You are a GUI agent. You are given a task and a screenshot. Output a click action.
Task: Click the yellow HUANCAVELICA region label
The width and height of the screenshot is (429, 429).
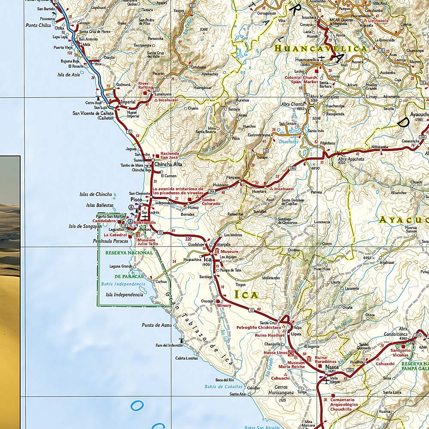[x=320, y=48]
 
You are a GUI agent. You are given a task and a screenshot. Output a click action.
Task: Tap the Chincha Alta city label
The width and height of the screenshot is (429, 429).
[x=168, y=164]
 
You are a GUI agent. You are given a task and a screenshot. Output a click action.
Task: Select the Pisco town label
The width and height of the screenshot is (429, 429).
[x=136, y=200]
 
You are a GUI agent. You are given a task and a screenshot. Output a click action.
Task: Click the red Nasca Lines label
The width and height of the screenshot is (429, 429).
[x=275, y=353]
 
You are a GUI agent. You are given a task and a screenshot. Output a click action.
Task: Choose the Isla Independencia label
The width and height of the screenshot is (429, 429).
[x=124, y=295]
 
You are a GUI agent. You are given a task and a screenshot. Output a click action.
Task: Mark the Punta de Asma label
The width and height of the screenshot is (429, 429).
[x=157, y=325]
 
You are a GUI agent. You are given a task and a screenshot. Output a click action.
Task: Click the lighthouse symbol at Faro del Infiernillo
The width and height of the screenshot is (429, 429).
[x=181, y=341]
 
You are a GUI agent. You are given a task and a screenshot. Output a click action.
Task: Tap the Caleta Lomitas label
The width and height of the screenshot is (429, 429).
[x=187, y=358]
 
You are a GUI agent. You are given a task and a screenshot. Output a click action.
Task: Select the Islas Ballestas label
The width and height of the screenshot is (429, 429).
[x=100, y=205]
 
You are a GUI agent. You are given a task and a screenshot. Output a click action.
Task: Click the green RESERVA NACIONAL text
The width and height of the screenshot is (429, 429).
[x=129, y=253]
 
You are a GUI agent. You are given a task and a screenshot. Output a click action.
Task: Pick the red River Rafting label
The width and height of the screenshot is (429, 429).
[x=145, y=85]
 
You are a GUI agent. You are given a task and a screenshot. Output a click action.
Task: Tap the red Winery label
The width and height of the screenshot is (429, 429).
[x=224, y=305]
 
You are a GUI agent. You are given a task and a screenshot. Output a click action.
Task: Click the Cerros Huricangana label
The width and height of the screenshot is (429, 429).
[x=282, y=390]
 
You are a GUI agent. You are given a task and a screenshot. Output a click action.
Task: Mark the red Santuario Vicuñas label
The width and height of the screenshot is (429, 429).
[x=400, y=353]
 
